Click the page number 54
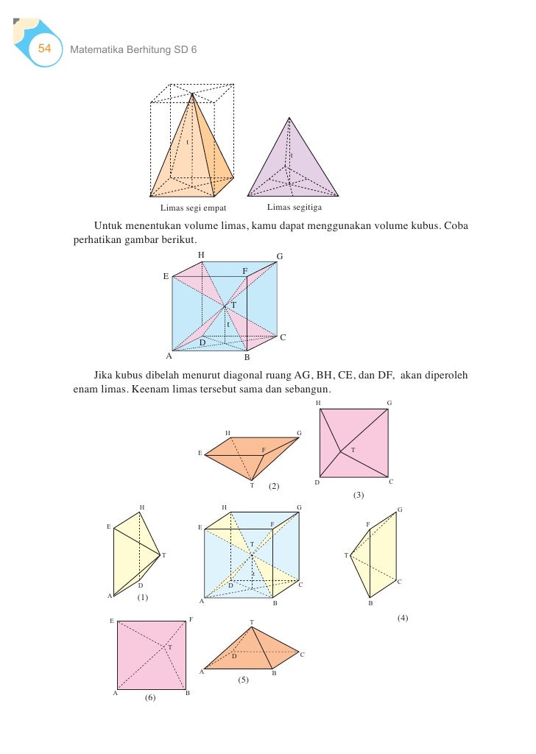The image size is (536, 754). [x=44, y=49]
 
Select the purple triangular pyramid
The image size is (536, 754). [x=293, y=166]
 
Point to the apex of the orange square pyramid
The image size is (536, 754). [x=193, y=94]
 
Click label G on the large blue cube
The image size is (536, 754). [x=280, y=256]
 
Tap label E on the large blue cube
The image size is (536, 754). [x=166, y=276]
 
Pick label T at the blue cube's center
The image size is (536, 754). [x=233, y=305]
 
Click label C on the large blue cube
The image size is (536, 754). [x=282, y=337]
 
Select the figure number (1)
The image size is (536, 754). [x=143, y=597]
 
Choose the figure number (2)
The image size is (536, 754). [x=273, y=486]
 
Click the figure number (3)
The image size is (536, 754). [x=359, y=495]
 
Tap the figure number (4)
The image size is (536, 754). [x=402, y=618]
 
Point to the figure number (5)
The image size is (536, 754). [x=243, y=680]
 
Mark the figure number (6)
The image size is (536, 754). [x=150, y=697]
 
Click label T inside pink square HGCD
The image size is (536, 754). [x=353, y=449]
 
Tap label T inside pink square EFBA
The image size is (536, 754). [x=170, y=646]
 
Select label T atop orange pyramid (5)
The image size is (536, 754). [x=252, y=622]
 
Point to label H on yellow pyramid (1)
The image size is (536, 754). [x=141, y=507]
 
